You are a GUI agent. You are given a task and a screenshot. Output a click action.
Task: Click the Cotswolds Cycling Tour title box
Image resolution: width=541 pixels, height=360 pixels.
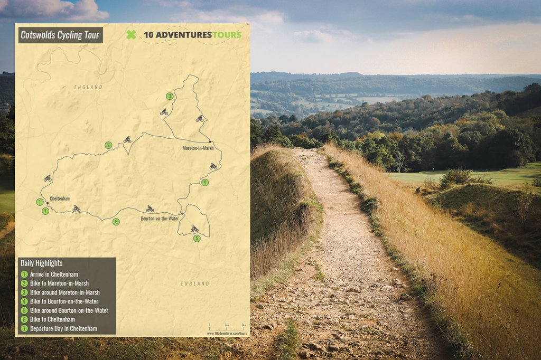59,35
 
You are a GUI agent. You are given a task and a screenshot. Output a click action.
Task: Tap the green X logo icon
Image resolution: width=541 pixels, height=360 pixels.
131,35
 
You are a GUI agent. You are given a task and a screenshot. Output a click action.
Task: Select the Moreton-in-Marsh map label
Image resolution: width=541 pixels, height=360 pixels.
198,148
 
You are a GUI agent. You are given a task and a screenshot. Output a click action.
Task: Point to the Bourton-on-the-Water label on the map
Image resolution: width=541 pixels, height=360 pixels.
160,219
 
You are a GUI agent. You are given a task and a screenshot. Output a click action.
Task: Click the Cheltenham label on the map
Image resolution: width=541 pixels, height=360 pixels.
60,199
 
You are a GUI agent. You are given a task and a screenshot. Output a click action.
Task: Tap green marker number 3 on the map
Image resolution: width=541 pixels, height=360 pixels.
169,96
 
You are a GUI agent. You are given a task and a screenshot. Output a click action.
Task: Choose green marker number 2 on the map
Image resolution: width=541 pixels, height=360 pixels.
108,145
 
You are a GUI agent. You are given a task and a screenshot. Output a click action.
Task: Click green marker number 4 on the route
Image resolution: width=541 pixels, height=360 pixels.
204,183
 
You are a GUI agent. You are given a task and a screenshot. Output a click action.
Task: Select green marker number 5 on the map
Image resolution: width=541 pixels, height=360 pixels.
197,239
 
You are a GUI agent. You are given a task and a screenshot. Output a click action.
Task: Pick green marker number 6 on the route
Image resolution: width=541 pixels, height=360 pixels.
116,222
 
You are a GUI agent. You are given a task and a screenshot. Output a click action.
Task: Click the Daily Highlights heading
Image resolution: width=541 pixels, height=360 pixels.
41,263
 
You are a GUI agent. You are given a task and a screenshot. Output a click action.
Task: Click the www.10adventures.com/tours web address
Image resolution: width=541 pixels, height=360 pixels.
227,334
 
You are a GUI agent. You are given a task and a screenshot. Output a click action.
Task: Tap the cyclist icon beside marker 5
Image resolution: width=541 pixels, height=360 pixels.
194,229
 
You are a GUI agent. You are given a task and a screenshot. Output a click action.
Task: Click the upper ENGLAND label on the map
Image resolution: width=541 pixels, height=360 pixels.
88,87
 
